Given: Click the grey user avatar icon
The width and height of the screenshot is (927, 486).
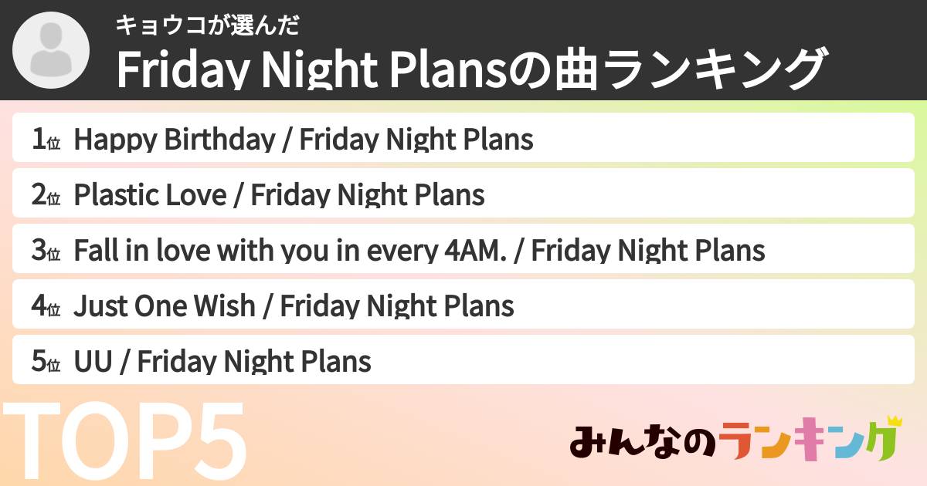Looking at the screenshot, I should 52,51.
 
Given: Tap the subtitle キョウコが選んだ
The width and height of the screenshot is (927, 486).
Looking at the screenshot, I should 207,25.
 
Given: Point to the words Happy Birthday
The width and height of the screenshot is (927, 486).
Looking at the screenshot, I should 174,140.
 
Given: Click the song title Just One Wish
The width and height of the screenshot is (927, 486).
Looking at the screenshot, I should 164,306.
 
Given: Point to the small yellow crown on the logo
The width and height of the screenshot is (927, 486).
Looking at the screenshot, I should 895,421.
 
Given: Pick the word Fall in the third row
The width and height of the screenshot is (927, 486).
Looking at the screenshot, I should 92,251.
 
